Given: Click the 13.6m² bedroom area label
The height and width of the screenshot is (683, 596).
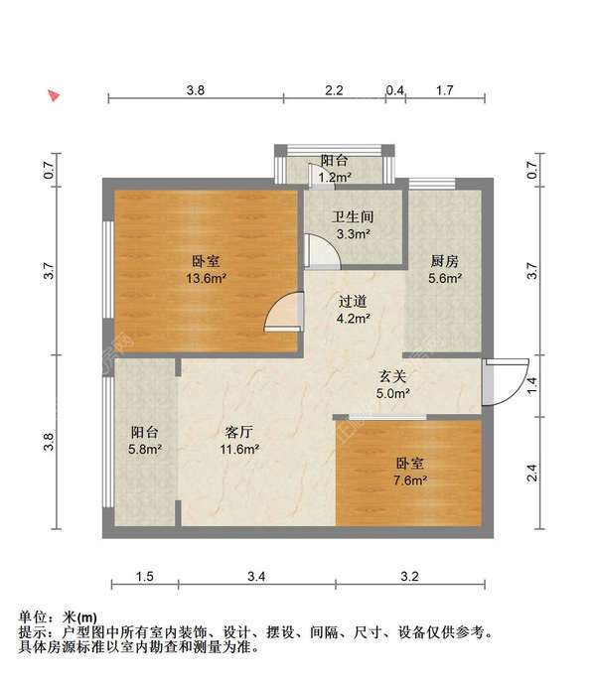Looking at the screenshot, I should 206,279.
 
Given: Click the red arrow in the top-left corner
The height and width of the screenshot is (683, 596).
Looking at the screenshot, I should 55,96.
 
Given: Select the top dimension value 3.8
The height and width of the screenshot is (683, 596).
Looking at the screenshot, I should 196,90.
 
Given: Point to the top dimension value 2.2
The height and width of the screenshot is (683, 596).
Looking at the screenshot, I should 334,90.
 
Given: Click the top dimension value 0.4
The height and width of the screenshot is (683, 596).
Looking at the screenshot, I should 395,90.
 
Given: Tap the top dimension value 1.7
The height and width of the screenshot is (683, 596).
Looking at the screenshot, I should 444,90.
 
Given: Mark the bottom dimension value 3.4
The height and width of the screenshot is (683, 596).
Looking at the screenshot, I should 256,576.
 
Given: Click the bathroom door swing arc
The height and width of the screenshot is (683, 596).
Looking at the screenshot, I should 323,250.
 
